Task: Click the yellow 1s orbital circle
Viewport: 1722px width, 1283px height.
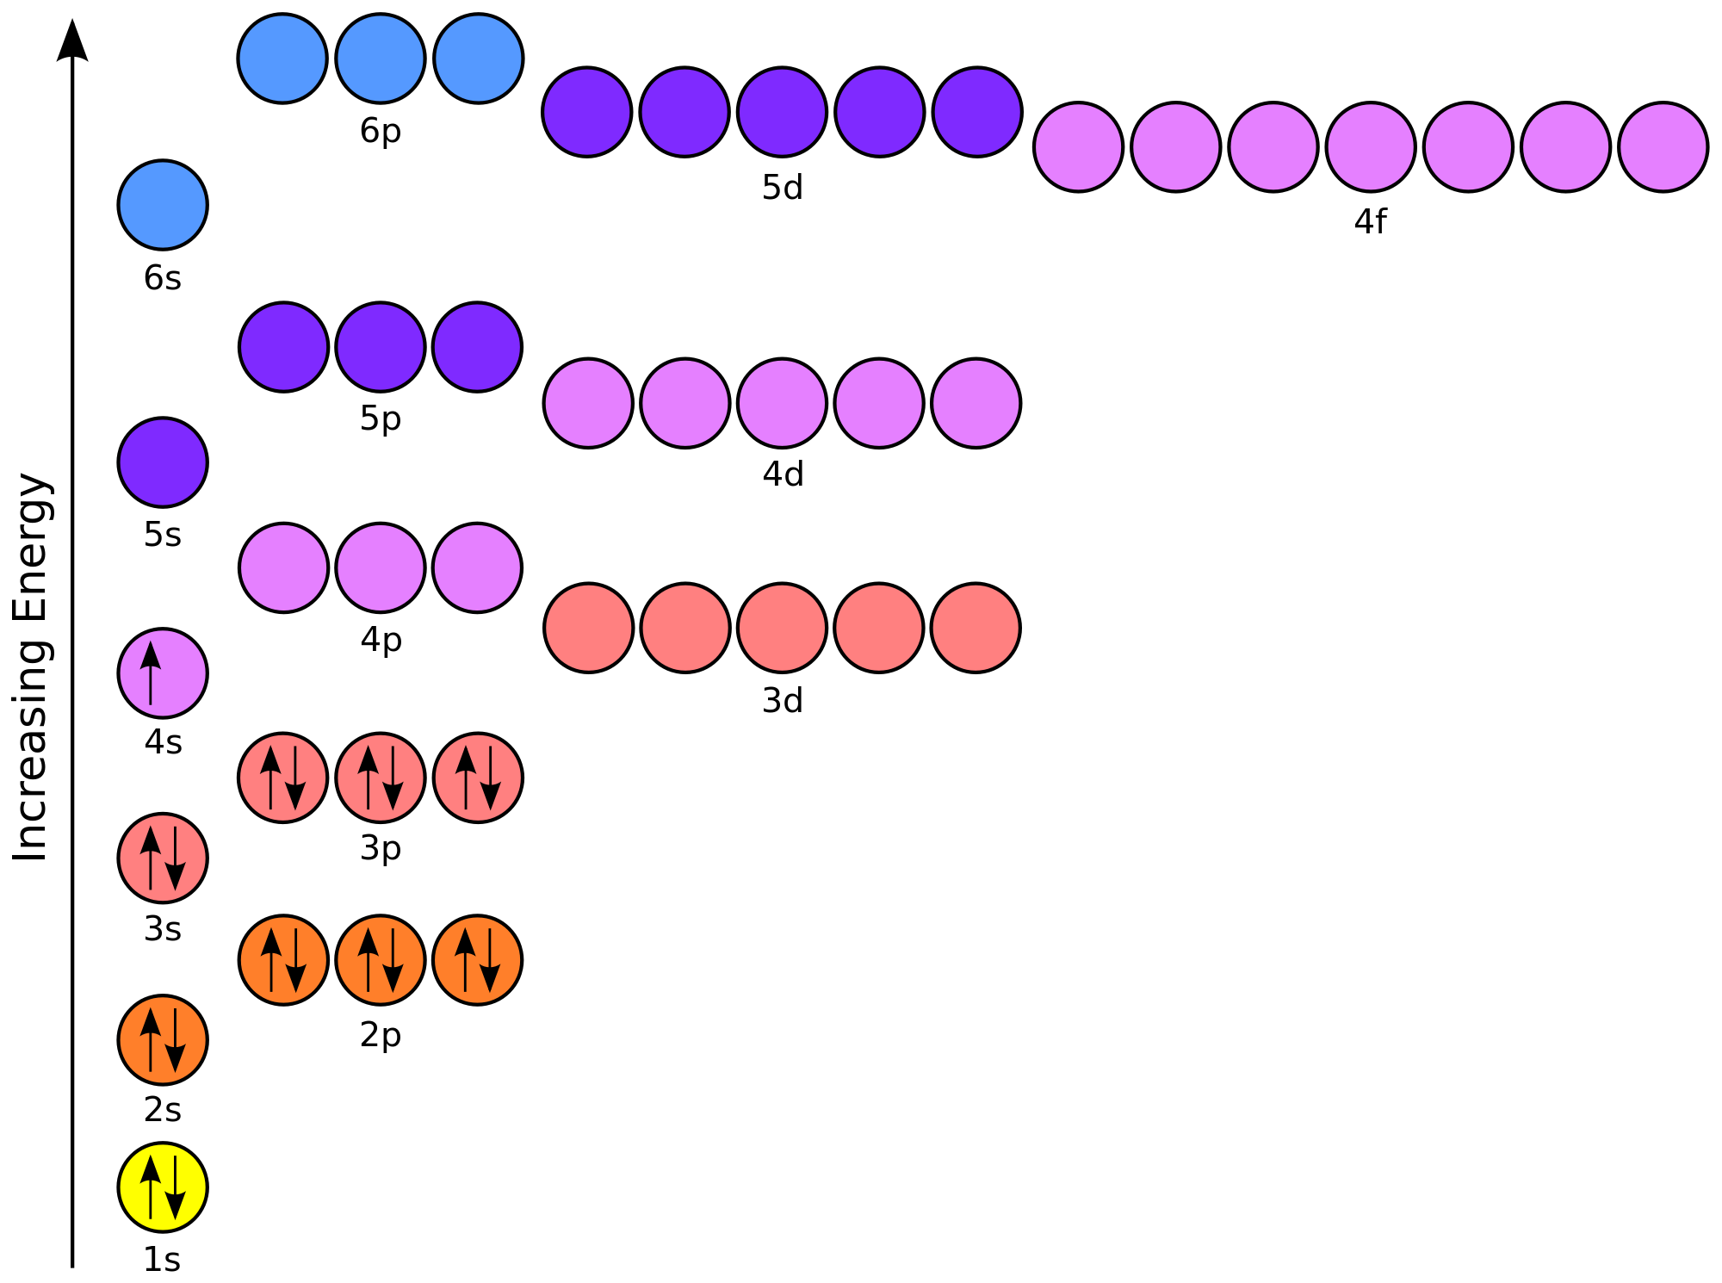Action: (x=163, y=1187)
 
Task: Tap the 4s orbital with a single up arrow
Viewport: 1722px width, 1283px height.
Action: (x=163, y=673)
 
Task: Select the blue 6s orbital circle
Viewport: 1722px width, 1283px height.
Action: (x=163, y=205)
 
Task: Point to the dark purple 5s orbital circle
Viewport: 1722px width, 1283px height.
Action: (x=163, y=462)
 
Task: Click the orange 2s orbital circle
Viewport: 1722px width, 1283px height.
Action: (x=163, y=1040)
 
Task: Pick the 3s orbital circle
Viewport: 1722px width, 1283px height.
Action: (x=163, y=858)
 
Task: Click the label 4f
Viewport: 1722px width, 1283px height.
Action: (x=1370, y=222)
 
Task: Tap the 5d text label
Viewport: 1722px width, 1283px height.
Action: (x=783, y=188)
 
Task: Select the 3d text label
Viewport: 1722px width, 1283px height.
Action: (x=783, y=701)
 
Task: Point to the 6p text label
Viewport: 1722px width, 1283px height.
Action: (x=381, y=132)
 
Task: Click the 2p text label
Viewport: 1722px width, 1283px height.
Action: (x=381, y=1035)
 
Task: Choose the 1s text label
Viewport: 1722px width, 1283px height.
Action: (x=162, y=1260)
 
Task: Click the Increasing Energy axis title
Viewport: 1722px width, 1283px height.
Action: (x=32, y=667)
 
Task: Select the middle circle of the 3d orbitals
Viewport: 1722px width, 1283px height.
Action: (x=783, y=628)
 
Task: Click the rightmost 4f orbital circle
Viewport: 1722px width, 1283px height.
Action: (x=1663, y=147)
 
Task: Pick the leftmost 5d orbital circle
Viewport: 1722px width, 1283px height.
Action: (x=587, y=112)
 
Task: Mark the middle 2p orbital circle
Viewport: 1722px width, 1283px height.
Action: (x=381, y=960)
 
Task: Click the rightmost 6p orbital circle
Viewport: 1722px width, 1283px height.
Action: (x=479, y=59)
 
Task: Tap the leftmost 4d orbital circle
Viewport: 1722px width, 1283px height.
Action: (x=588, y=403)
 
